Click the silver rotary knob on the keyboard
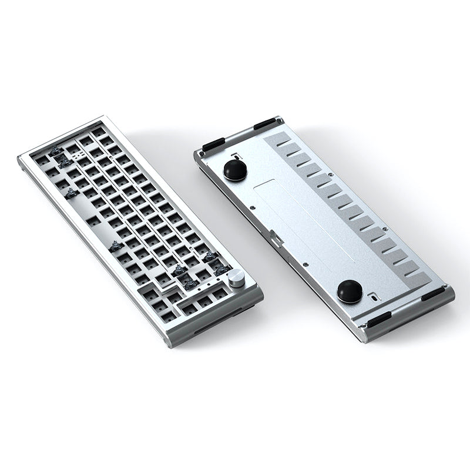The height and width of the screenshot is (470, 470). point(237,278)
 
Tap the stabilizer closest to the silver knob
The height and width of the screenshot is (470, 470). point(222,270)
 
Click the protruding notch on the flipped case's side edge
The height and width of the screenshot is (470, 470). point(276,240)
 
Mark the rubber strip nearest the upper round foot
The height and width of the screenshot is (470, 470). point(213,143)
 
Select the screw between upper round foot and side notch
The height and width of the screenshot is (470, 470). point(251,207)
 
